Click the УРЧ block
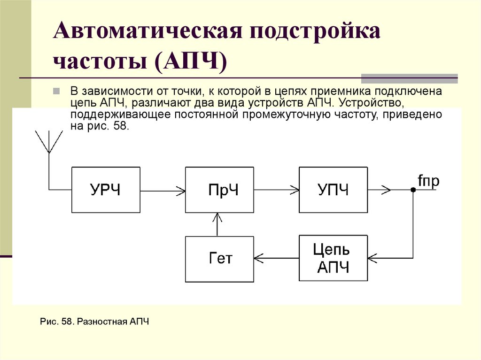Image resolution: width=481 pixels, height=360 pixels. click(105, 190)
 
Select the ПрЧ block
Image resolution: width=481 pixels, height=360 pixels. click(219, 190)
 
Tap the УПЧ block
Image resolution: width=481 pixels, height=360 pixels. click(334, 190)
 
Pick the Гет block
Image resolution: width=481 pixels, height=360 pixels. click(219, 259)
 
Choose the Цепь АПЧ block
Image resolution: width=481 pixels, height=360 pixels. click(334, 259)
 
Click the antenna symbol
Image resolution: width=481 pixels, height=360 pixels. click(48, 141)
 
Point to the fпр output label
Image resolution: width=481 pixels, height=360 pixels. click(428, 181)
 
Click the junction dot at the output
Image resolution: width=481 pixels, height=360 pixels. click(413, 190)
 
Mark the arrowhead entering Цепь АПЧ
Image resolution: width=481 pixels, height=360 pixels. click(372, 258)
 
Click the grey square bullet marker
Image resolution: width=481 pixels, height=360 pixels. click(56, 91)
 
